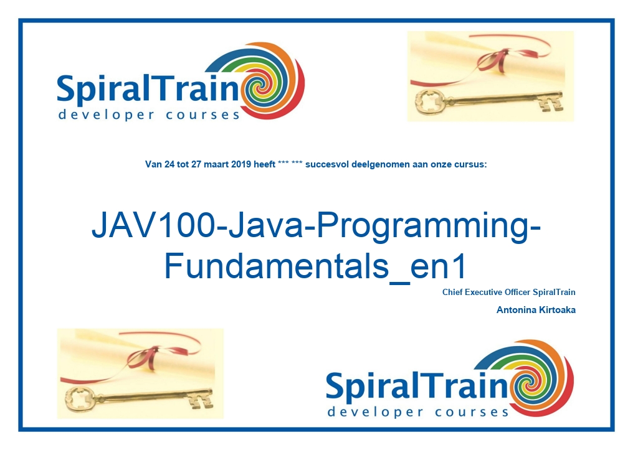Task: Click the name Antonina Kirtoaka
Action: coord(536,310)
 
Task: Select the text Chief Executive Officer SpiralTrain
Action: coord(509,293)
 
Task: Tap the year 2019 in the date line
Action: coord(241,165)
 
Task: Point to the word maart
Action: coord(216,165)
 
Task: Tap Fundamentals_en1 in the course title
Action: coord(315,266)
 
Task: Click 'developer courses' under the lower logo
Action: coord(418,412)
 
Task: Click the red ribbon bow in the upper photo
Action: coord(495,59)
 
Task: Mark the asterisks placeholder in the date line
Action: coord(290,164)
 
